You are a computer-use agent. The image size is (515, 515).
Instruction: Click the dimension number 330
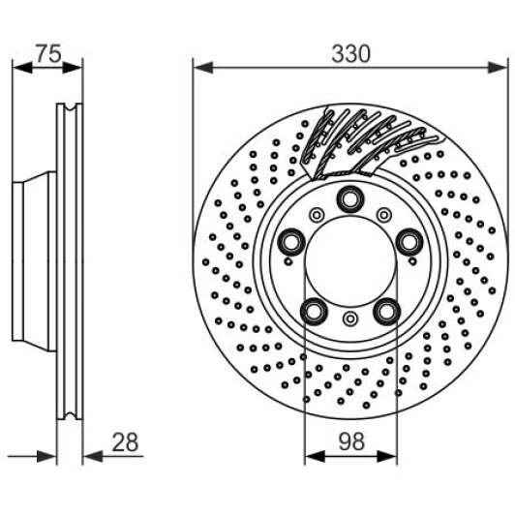tap(350, 54)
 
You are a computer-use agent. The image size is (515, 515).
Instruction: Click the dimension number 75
tap(48, 53)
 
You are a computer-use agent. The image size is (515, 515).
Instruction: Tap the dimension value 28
tap(125, 442)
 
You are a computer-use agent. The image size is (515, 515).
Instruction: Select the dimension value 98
tap(350, 441)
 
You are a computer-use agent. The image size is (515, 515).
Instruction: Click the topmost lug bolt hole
tap(350, 198)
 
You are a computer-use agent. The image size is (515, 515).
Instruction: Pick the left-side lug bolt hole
tap(291, 242)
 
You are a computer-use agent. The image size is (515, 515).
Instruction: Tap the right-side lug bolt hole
tap(409, 242)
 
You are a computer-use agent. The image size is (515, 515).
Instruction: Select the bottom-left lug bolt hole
tap(315, 311)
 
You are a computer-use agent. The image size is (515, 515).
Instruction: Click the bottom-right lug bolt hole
tap(386, 311)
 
